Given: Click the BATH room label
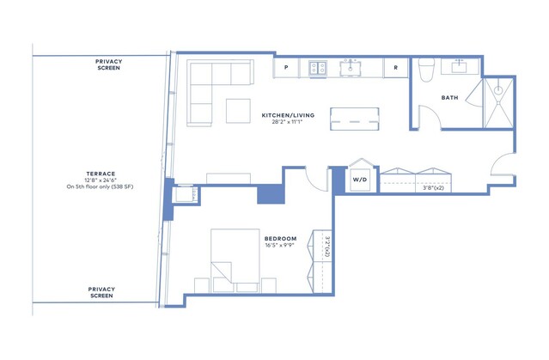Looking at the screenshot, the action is click(x=449, y=98).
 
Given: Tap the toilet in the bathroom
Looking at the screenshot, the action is click(x=426, y=70).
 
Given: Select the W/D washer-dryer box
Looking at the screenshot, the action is click(x=360, y=180).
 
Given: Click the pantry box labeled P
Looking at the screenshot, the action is click(x=286, y=68).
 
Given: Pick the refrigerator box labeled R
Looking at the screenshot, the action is click(x=396, y=68).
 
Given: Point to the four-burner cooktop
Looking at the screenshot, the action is click(x=318, y=68).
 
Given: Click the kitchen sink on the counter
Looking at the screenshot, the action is click(x=351, y=68).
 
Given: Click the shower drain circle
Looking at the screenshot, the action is click(x=498, y=90).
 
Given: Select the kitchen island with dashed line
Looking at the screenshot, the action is click(x=354, y=119).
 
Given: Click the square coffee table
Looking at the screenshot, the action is click(x=238, y=111).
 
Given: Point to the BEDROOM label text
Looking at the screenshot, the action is click(x=280, y=239).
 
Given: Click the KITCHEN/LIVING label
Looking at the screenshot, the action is click(x=288, y=115).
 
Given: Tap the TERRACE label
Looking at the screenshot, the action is click(x=101, y=174).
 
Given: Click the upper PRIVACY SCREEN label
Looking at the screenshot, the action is click(x=108, y=64).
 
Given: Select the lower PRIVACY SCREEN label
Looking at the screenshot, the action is click(x=101, y=292).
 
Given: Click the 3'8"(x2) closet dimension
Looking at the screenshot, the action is click(x=433, y=188).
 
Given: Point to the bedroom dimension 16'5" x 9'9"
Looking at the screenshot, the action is click(x=279, y=245).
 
